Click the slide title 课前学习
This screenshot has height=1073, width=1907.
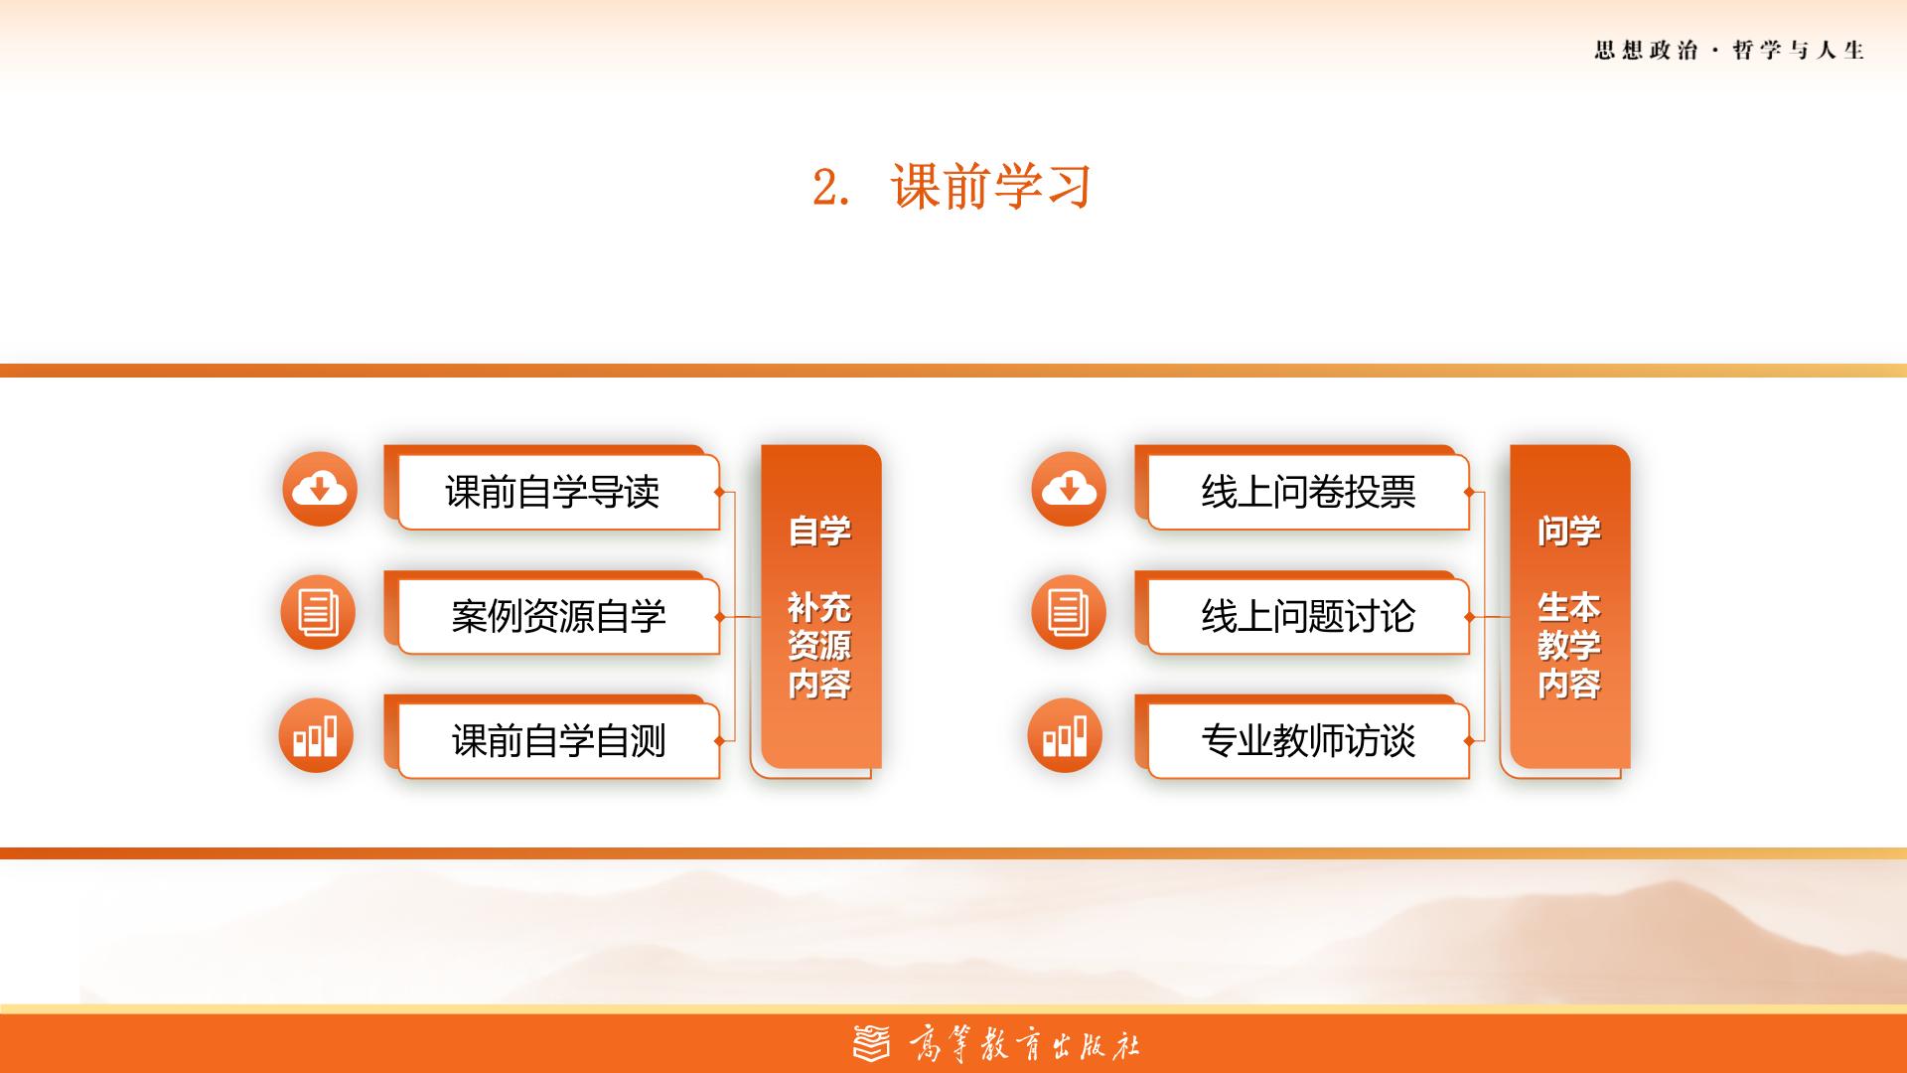click(x=991, y=186)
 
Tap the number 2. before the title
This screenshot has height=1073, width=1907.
click(x=830, y=187)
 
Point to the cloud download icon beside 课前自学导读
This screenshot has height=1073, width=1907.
click(x=320, y=489)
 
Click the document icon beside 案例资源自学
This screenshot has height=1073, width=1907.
click(x=318, y=612)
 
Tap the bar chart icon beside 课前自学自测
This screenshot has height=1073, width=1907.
click(x=316, y=736)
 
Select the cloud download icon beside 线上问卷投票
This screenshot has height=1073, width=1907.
click(x=1069, y=489)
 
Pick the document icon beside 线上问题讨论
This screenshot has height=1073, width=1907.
click(x=1068, y=612)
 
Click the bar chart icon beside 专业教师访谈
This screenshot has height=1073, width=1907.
click(x=1065, y=736)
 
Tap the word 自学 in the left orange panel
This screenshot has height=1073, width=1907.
click(x=819, y=532)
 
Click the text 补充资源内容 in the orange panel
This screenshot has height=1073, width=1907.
click(x=819, y=646)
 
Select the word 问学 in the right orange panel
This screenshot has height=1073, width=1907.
click(x=1569, y=532)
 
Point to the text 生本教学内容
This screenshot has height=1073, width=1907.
click(x=1569, y=646)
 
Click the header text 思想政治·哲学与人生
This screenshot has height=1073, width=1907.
click(x=1729, y=51)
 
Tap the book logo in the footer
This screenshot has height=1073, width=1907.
click(x=872, y=1043)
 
